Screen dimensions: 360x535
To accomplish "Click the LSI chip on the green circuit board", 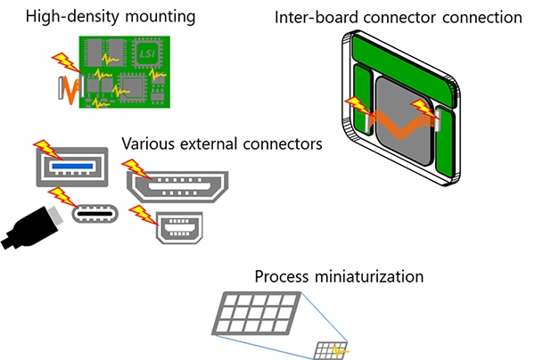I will point(147,55).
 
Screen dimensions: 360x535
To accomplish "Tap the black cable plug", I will point(28,227).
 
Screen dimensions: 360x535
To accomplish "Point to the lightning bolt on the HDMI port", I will point(134,168).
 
